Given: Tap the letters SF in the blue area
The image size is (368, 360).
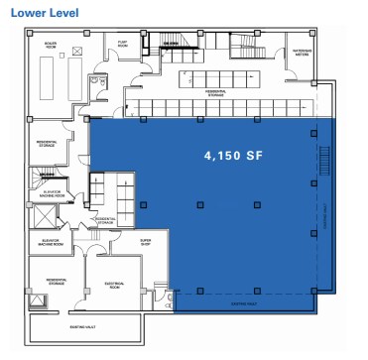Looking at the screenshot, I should pos(253,156).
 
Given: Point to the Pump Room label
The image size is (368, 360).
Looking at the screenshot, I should pos(123,44).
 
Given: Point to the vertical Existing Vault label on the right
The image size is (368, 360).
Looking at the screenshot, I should pos(323,214).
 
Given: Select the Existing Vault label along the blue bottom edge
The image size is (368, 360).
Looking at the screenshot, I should pos(244,302).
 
